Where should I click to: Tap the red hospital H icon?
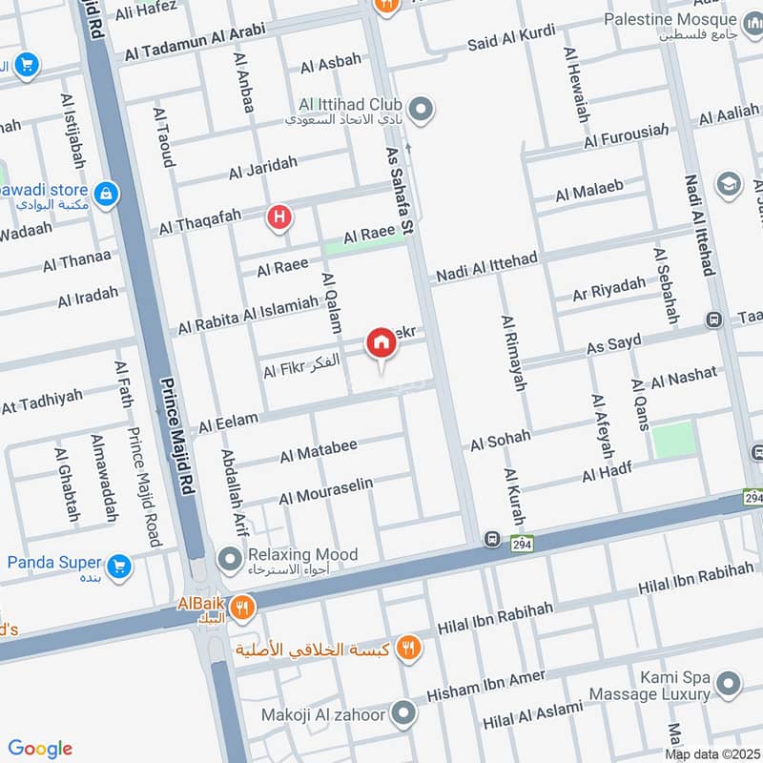point(279,218)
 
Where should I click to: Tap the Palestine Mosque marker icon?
point(752,20)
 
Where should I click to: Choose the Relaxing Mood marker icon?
point(229,556)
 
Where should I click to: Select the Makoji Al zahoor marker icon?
point(404,712)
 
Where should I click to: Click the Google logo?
point(39,749)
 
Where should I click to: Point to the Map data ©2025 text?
point(712,754)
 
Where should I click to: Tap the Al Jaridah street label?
point(263,169)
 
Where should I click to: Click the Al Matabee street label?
point(319,451)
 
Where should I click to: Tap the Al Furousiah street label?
point(624,137)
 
